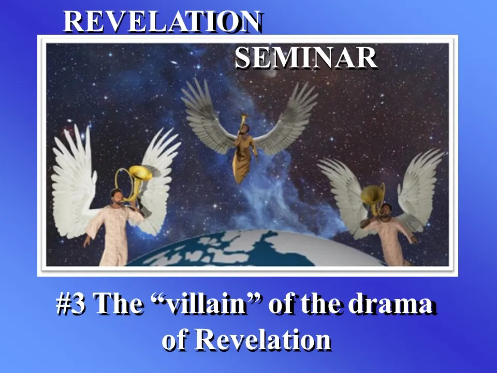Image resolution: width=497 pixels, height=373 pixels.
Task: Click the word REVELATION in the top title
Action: (162, 21)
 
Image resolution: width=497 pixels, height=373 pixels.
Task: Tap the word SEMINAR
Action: (306, 58)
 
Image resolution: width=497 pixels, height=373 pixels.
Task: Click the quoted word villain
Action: (207, 303)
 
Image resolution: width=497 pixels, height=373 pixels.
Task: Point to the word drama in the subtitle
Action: (391, 303)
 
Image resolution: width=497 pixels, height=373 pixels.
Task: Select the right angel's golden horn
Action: (373, 198)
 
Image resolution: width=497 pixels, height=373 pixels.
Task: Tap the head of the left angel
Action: (116, 197)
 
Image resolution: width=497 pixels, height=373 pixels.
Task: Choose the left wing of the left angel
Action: (75, 181)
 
